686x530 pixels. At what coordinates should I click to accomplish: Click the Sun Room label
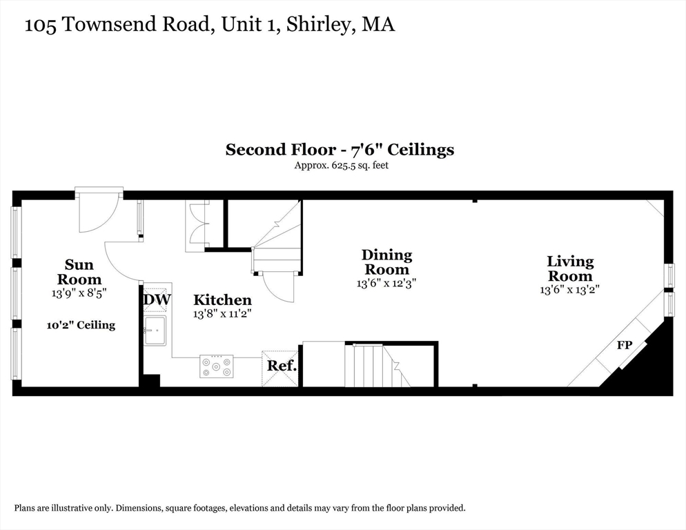79,272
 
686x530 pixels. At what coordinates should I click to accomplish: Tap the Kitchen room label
223,300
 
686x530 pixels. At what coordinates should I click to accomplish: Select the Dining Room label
386,262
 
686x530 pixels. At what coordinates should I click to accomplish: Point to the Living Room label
570,268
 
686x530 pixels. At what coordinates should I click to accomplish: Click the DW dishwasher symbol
156,300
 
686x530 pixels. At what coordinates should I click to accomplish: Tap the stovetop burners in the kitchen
216,366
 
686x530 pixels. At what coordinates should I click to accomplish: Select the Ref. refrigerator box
280,369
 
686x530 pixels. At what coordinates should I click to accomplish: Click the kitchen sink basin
155,330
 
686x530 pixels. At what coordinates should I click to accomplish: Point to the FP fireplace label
625,345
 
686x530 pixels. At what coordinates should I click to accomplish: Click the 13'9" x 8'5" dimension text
79,293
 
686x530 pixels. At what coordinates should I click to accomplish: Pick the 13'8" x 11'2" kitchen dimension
223,313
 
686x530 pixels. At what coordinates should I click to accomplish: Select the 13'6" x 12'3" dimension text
386,283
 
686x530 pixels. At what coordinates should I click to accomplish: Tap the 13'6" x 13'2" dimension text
569,289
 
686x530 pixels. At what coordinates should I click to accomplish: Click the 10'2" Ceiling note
81,325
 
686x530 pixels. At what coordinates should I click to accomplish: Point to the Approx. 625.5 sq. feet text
341,166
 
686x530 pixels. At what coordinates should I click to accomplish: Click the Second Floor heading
280,150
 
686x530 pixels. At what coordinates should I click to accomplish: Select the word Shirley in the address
319,25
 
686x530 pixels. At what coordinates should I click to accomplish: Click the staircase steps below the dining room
377,366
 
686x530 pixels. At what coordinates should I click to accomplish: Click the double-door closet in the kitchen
197,226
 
